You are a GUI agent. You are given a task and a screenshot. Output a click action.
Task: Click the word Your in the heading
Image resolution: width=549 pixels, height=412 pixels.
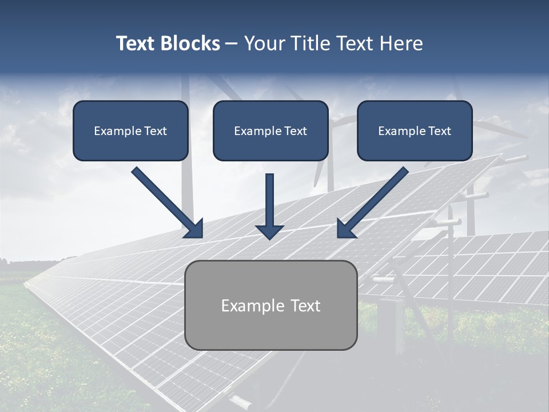(x=262, y=43)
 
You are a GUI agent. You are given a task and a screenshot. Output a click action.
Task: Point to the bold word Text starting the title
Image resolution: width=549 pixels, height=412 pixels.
(x=137, y=43)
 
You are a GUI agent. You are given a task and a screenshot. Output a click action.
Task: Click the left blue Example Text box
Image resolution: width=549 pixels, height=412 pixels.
(x=130, y=130)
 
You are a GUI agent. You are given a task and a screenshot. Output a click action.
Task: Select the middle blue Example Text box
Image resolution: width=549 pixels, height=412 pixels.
(x=270, y=130)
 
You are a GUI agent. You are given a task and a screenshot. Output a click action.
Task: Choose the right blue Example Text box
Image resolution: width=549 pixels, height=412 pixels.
(x=415, y=130)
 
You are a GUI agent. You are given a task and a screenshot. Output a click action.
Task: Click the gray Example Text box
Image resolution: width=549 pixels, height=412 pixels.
(x=271, y=305)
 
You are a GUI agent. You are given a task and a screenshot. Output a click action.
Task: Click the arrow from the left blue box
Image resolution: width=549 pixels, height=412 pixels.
(x=166, y=201)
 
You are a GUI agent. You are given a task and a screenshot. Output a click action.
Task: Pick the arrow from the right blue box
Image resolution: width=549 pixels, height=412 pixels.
(x=375, y=201)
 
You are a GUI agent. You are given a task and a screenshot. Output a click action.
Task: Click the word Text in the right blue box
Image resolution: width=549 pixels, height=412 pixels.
(x=439, y=131)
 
